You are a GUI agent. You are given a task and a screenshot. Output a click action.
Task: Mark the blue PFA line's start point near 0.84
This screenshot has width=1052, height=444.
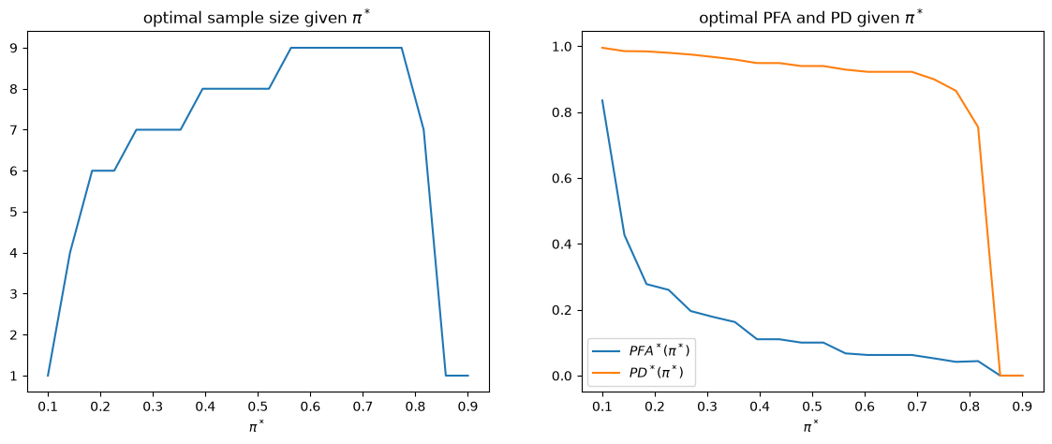[602, 100]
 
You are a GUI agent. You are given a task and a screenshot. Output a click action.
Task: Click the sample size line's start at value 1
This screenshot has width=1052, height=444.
[49, 376]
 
